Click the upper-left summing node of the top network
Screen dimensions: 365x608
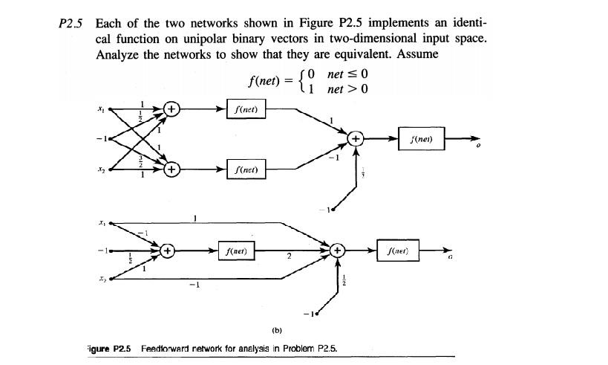(171, 110)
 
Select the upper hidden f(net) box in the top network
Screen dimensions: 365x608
(246, 110)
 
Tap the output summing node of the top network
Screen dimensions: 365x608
(356, 138)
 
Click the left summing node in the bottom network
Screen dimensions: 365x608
(168, 251)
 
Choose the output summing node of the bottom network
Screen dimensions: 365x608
(338, 251)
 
